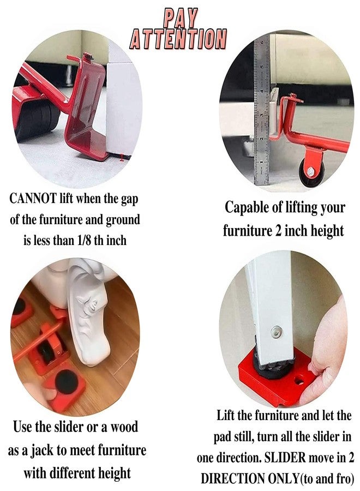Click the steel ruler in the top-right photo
click(262, 109)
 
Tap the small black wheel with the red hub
click(312, 170)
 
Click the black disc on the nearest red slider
click(68, 381)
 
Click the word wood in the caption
click(123, 427)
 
